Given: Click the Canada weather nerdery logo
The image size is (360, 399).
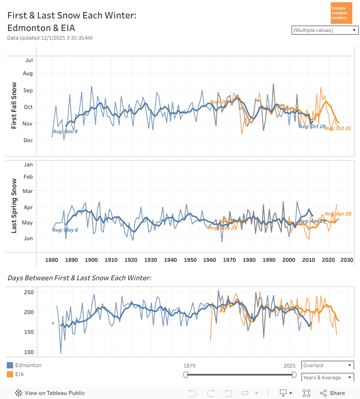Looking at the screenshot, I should (x=341, y=13).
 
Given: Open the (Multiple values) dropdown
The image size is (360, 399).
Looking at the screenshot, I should (x=325, y=30).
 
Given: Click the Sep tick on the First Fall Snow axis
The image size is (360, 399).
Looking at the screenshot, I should (x=28, y=90).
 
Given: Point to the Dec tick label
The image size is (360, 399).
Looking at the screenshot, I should (x=28, y=140).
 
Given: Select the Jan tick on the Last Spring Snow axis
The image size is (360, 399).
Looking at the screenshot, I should (x=28, y=165).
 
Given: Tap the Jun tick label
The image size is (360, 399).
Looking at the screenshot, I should (x=28, y=238).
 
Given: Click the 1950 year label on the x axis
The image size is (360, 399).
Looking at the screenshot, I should (x=190, y=260).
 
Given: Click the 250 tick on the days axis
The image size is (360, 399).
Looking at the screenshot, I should (x=29, y=292).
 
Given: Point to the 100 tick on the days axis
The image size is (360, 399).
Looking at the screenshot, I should (x=29, y=352).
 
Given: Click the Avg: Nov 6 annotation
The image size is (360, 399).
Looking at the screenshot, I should (x=65, y=131).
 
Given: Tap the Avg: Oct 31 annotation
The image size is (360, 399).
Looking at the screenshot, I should (x=337, y=129).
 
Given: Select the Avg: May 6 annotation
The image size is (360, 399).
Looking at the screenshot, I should (x=65, y=230).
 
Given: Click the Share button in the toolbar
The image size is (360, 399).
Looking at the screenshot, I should (x=333, y=393).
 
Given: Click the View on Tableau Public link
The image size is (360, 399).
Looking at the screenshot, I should (x=50, y=393).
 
